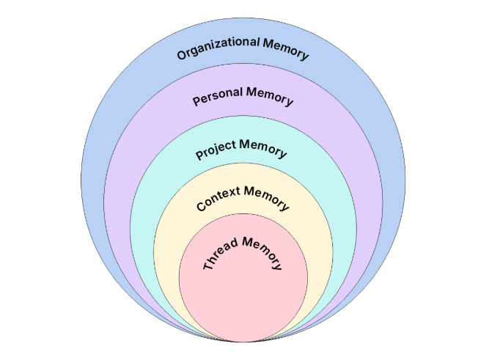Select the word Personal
(217, 97)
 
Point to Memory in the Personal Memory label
(270, 96)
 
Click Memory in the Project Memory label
(263, 147)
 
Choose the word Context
(218, 199)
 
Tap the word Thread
(218, 253)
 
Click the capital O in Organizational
(182, 55)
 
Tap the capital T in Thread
(207, 266)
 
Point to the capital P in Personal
(196, 102)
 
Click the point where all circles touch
(243, 341)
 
